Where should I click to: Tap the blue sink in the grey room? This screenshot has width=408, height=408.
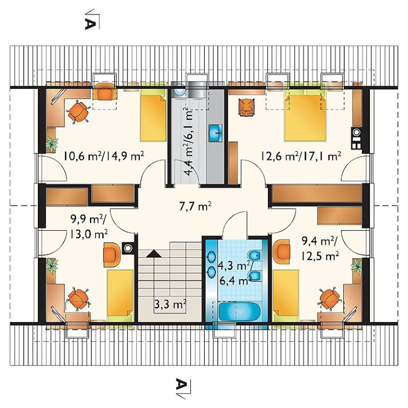pyautogui.click(x=215, y=133)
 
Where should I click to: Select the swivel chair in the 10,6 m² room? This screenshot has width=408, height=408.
pyautogui.click(x=78, y=113)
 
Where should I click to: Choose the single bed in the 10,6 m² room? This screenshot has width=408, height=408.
pyautogui.click(x=153, y=115)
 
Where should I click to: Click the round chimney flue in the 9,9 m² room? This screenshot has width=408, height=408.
pyautogui.click(x=128, y=248)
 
